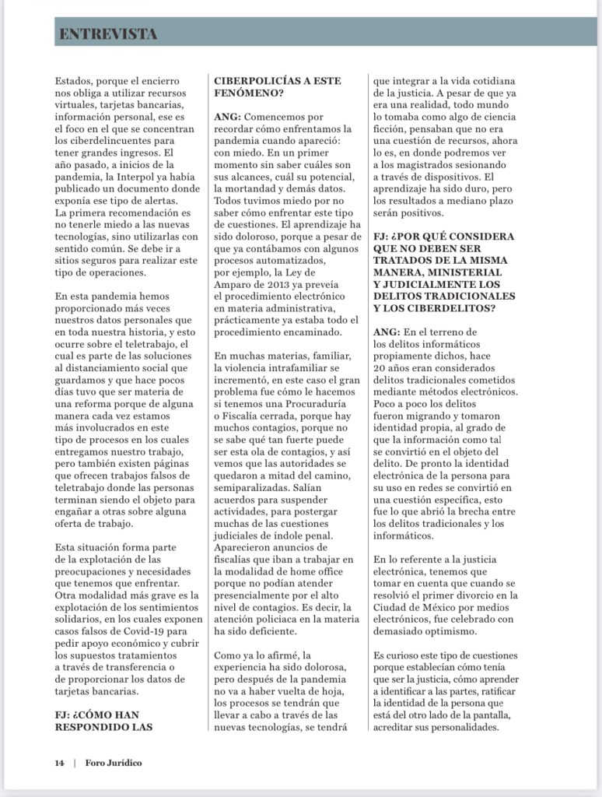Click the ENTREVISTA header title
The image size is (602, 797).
(108, 33)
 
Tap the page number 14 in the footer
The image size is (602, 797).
(59, 762)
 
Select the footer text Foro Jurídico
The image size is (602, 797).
(114, 762)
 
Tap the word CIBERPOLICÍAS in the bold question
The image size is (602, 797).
(258, 80)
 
